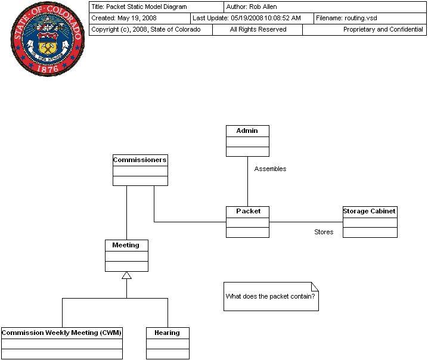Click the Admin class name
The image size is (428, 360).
(x=247, y=131)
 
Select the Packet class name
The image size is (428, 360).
(x=248, y=211)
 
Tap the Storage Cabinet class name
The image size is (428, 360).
(x=370, y=211)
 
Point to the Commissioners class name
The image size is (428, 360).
(x=139, y=160)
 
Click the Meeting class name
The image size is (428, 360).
(x=126, y=245)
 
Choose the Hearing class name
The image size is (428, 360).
(x=167, y=333)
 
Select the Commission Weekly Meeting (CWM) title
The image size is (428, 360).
(x=61, y=333)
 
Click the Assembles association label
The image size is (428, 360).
(x=270, y=169)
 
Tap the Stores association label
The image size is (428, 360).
(x=324, y=232)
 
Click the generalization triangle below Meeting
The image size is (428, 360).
(x=126, y=275)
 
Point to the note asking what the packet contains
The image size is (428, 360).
(x=271, y=296)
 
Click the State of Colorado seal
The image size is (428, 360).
(x=48, y=39)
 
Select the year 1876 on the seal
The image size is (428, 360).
(x=48, y=69)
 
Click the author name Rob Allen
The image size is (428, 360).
(x=263, y=7)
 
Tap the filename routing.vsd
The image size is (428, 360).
(x=361, y=18)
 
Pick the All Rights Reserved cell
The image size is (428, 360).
(x=258, y=29)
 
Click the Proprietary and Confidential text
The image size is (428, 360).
(x=383, y=29)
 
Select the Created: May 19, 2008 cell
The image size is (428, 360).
(x=139, y=18)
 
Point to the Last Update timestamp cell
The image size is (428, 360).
(x=252, y=18)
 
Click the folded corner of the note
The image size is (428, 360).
(x=315, y=286)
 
